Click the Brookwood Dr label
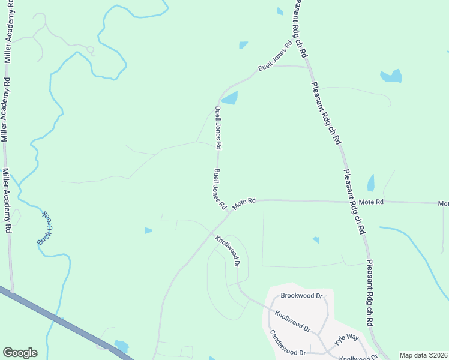tap(302, 296)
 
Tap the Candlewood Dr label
tap(288, 343)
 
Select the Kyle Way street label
tap(346, 338)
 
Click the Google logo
tap(20, 353)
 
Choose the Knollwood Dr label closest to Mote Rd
tap(228, 251)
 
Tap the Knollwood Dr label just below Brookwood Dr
tap(292, 321)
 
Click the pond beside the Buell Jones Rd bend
tap(230, 98)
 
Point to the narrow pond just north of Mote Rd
tap(370, 182)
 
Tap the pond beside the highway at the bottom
tap(121, 346)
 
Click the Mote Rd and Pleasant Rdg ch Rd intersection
tap(349, 202)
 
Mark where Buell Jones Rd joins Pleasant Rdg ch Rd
tap(309, 67)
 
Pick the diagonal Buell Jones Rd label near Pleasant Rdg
tap(275, 56)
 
